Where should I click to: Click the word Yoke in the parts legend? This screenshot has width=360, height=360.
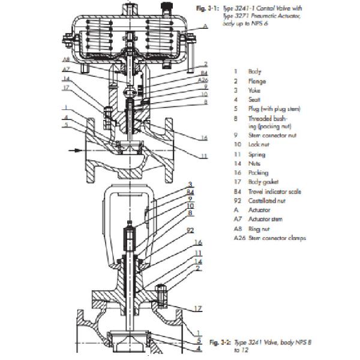256,89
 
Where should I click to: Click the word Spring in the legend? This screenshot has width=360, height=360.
257,154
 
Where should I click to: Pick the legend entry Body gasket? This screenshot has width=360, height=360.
262,182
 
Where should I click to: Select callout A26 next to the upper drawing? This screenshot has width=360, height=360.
203,80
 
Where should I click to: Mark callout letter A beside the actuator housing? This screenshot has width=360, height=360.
205,26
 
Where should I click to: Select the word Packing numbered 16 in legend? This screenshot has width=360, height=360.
259,173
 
